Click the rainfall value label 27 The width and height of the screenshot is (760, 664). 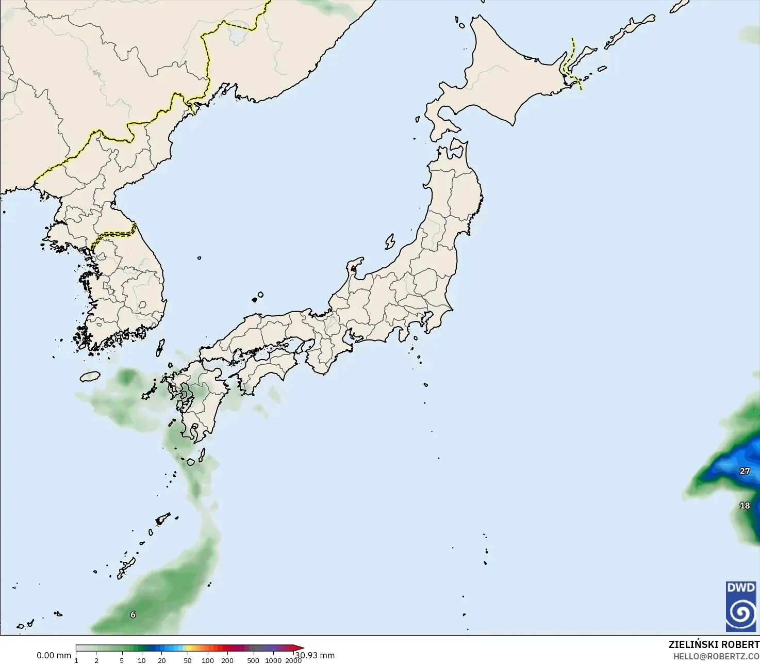tap(745, 471)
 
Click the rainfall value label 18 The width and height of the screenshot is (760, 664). tap(745, 506)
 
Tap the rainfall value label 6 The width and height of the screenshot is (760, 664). tap(133, 614)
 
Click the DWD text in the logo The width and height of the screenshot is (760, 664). tap(741, 588)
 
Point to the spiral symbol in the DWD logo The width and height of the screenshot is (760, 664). tap(741, 613)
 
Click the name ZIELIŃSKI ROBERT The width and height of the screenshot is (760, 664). tap(714, 644)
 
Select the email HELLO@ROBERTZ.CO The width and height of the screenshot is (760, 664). tap(716, 656)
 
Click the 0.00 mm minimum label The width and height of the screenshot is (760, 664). tap(54, 655)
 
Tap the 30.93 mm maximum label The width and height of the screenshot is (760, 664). tap(316, 655)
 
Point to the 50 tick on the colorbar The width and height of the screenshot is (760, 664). tap(187, 660)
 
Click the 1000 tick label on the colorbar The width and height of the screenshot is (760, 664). tap(273, 660)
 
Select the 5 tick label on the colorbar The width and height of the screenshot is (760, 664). tap(122, 660)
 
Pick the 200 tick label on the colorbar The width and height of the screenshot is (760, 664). tap(227, 660)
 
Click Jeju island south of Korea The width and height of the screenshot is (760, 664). tap(90, 376)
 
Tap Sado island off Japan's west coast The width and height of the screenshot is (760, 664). tap(390, 241)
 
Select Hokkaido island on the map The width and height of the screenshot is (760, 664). tap(495, 77)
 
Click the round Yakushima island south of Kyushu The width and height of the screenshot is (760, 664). tap(191, 462)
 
